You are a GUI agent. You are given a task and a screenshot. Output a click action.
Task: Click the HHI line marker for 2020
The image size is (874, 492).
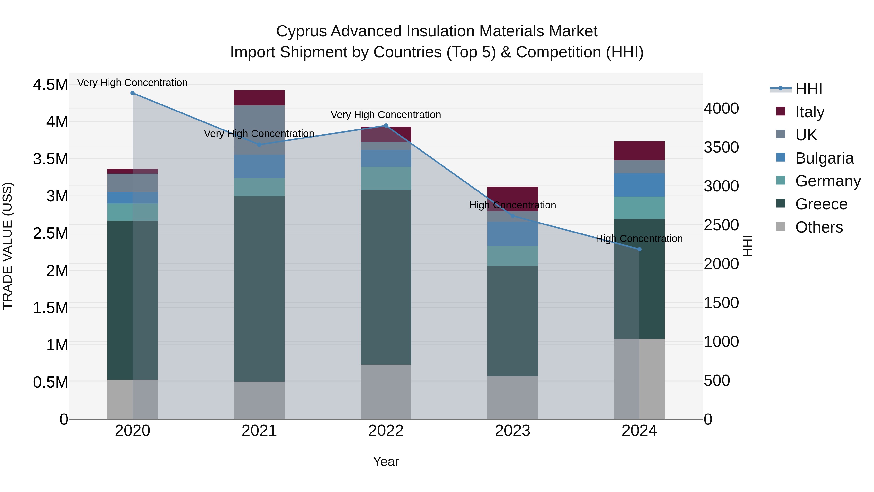[x=133, y=93]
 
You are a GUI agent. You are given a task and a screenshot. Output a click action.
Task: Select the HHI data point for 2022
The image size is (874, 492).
[x=386, y=126]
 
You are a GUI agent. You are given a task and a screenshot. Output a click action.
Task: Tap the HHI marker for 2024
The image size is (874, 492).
[x=639, y=249]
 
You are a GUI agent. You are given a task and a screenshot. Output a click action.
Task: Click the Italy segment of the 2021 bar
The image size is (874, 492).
[x=259, y=98]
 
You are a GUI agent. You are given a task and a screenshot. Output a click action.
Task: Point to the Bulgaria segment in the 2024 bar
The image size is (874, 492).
[x=639, y=185]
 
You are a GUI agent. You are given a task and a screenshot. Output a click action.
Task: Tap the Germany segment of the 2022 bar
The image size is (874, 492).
[x=386, y=178]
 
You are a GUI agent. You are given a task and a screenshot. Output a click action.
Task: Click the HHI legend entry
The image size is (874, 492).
[x=808, y=89]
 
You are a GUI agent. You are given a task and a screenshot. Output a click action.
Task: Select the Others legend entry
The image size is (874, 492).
[x=819, y=227]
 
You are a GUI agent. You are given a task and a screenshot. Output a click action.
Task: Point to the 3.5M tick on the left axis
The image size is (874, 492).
[x=50, y=159]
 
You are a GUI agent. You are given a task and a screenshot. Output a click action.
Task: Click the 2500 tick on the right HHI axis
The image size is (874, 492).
[x=721, y=225]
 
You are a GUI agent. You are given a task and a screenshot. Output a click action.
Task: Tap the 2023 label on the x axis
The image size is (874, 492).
[x=513, y=431]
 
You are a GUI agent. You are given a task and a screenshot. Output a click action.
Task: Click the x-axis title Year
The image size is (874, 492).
[x=386, y=461]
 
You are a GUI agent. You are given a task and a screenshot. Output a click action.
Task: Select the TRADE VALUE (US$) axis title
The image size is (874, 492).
[x=8, y=246]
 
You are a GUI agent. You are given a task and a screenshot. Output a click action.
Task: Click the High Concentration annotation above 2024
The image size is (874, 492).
[x=639, y=239]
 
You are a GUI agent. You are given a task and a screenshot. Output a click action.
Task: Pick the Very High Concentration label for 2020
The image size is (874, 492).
[x=132, y=83]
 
